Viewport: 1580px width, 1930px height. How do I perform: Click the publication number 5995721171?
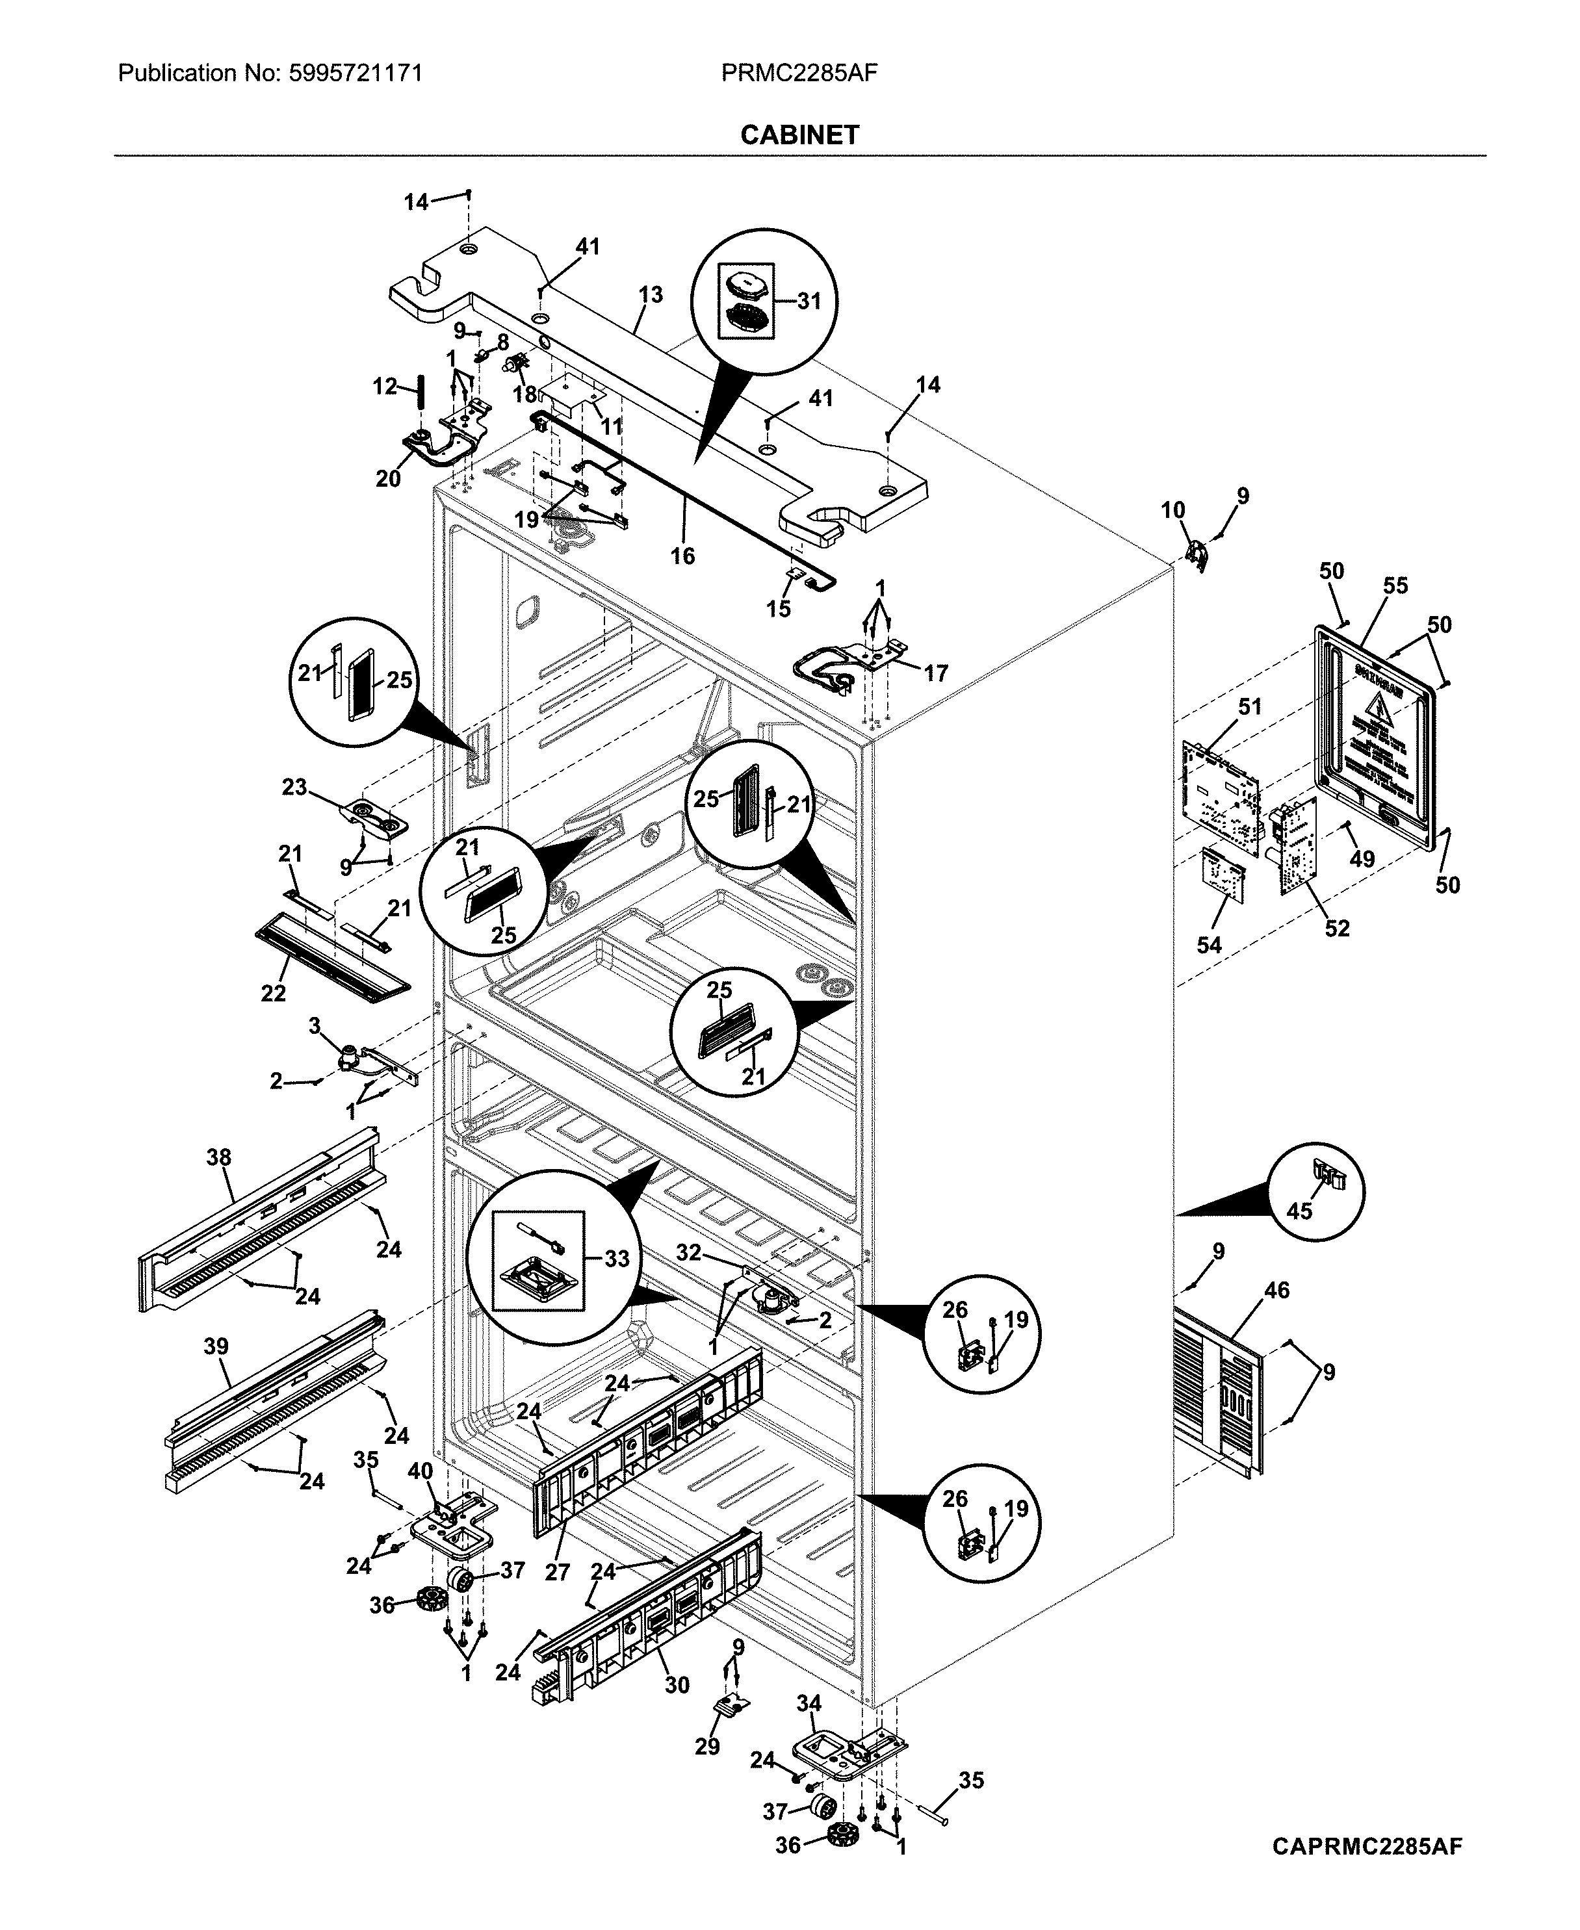(355, 73)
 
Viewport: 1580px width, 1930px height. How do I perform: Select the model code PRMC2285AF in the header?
(799, 73)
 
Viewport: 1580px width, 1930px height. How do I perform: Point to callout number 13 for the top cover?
(651, 295)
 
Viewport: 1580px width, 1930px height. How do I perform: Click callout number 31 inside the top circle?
(809, 301)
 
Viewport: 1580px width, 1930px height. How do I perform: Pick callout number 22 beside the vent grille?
(273, 993)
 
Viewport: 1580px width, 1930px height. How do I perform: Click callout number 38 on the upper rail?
(218, 1157)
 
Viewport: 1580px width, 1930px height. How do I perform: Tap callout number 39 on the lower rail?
(216, 1346)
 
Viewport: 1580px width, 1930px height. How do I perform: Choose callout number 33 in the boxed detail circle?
(617, 1259)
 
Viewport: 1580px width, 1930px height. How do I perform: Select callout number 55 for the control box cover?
(1395, 586)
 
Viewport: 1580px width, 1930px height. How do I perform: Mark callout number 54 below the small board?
(1209, 946)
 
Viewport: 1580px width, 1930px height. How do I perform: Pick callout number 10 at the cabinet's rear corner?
(1173, 511)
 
